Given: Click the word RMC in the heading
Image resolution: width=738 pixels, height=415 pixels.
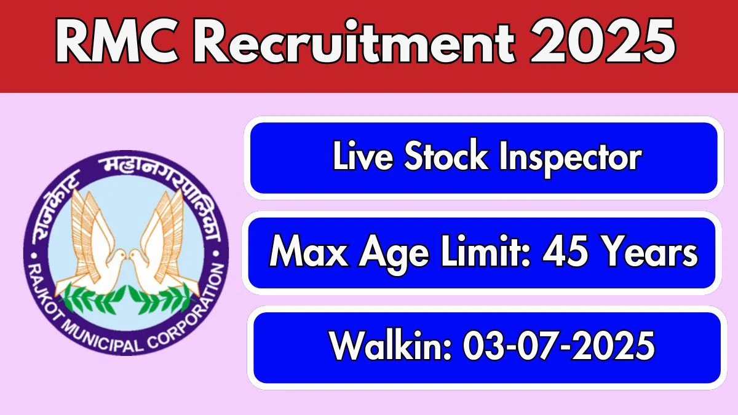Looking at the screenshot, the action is coord(117,42).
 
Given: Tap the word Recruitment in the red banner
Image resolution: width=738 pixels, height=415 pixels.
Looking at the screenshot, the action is coord(354,42).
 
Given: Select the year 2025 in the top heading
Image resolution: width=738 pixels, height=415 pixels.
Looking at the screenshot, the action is coord(603,42).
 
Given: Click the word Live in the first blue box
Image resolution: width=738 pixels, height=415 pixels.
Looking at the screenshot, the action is coord(363,156).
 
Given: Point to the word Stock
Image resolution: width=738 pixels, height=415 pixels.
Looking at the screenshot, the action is coord(446,156).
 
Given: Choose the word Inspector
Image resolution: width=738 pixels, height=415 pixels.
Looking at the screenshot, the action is coord(570,158).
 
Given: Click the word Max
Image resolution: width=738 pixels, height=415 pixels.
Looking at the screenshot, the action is coord(309,252).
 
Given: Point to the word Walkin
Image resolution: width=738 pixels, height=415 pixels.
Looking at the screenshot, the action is coord(390,346).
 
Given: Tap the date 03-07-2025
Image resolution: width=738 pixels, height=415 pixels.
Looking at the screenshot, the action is coord(559,346).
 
